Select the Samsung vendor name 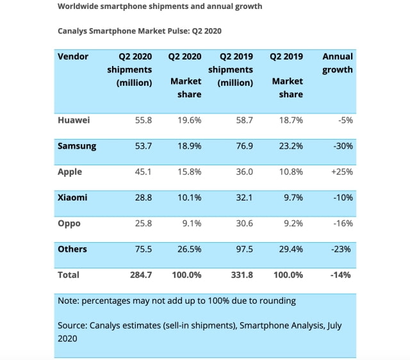tap(77, 146)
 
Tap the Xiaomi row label tap(73, 197)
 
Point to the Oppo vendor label tap(70, 223)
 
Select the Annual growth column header tap(337, 63)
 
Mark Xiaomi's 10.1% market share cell tap(190, 197)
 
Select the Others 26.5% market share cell tap(190, 249)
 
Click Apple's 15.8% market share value tap(190, 172)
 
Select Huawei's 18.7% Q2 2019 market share tap(290, 120)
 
